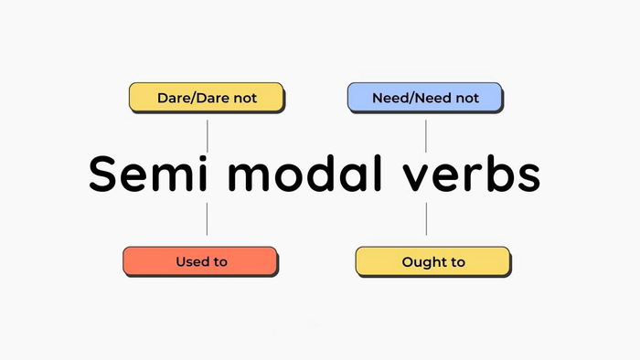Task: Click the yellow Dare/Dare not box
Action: [x=206, y=97]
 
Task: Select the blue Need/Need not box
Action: [x=425, y=97]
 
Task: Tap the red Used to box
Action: [x=199, y=261]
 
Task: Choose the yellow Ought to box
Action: [x=432, y=261]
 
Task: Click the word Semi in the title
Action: [x=146, y=175]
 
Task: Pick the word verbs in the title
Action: [x=475, y=175]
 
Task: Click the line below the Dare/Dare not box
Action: [x=207, y=134]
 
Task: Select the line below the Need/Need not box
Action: [x=426, y=134]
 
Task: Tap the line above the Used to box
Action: [x=207, y=219]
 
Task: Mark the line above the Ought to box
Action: [x=426, y=219]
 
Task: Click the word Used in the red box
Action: [x=192, y=262]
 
